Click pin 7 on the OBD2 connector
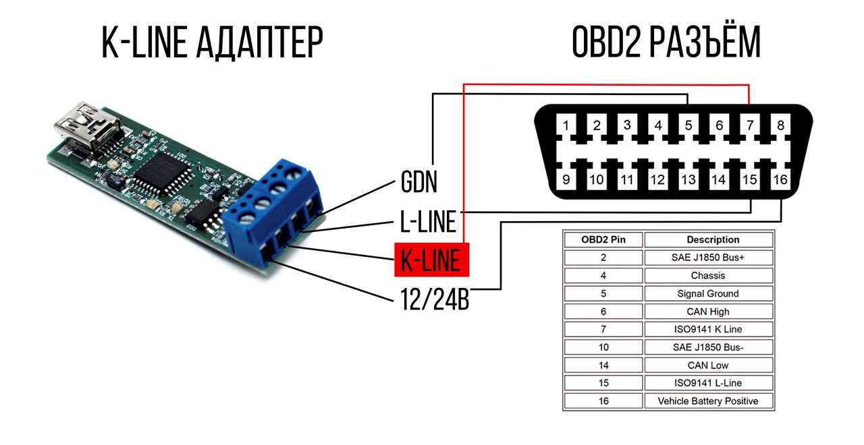coord(750,125)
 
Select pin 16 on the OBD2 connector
coord(780,179)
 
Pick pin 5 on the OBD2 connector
coord(688,125)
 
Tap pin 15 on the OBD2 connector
coord(750,179)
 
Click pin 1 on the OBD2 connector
coord(566,125)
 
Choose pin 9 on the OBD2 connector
coord(566,179)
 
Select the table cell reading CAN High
coord(708,311)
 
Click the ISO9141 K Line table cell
coord(708,330)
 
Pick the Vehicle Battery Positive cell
coord(708,401)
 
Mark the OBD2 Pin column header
coord(603,239)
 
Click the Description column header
coord(708,239)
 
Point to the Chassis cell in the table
coord(708,275)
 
